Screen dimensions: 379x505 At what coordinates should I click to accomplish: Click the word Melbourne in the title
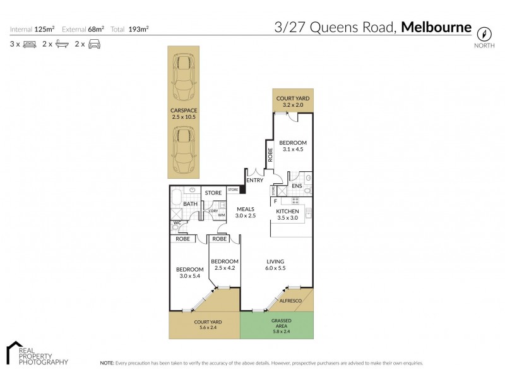(436, 27)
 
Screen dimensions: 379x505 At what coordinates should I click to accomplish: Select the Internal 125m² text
(32, 29)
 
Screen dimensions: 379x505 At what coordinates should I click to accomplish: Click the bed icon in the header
(30, 44)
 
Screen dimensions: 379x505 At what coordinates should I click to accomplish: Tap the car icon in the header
(95, 44)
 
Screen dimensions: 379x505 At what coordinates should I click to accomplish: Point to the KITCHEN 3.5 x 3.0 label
(292, 215)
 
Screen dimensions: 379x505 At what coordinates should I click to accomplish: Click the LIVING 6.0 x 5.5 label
(275, 265)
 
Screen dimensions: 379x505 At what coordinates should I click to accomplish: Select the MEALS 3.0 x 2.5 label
(245, 212)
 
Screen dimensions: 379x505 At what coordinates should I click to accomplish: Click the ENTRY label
(255, 181)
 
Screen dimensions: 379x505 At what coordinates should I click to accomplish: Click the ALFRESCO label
(292, 301)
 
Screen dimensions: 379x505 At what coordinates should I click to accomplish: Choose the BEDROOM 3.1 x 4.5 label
(293, 147)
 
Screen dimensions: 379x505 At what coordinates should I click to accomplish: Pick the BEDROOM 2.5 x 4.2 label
(224, 265)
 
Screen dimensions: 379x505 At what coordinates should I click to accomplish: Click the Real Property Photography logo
(37, 354)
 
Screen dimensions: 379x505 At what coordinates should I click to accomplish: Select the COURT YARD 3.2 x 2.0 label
(294, 102)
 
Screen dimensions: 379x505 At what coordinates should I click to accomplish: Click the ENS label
(297, 186)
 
